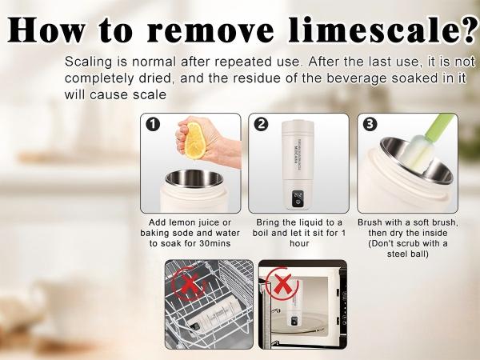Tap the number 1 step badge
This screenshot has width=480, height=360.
click(x=153, y=125)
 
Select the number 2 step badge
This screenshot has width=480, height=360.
click(x=261, y=125)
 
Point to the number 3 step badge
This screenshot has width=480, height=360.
click(x=370, y=125)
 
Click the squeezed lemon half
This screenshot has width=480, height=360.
click(x=194, y=140)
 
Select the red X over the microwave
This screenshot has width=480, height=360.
click(x=282, y=283)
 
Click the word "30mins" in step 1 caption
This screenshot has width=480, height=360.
click(x=214, y=243)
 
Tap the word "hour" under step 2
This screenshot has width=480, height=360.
click(x=299, y=243)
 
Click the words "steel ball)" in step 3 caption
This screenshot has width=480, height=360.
click(x=407, y=254)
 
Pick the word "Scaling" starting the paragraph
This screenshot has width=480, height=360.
click(x=89, y=62)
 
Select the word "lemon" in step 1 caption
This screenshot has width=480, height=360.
click(x=182, y=222)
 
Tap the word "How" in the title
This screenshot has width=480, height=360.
click(x=46, y=30)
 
